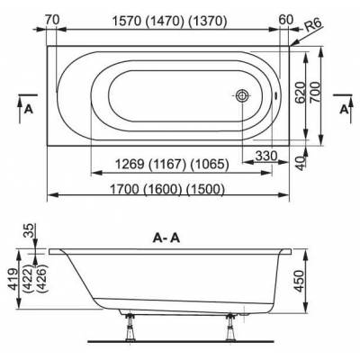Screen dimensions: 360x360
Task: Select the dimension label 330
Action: pos(265,155)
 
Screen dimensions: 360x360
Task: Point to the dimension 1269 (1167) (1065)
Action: pos(171,164)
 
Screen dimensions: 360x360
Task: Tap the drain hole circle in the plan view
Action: pos(242,96)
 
